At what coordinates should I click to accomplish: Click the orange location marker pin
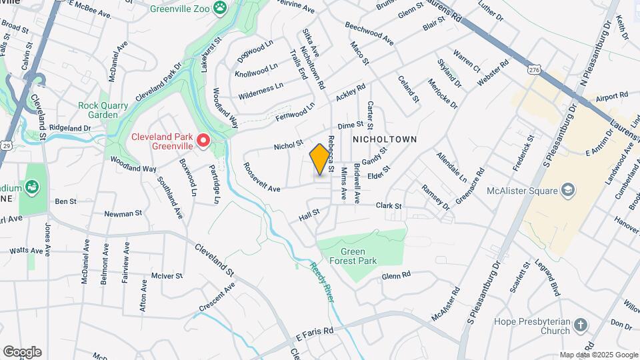click(x=320, y=160)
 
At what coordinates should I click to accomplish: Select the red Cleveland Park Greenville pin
click(x=205, y=141)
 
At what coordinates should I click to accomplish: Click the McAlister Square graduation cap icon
click(x=568, y=191)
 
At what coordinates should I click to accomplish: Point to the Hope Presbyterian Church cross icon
click(x=580, y=326)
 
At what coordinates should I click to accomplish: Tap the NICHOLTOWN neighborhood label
click(x=384, y=139)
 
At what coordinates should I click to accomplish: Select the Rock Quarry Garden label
click(x=98, y=110)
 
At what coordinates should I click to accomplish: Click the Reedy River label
click(x=321, y=281)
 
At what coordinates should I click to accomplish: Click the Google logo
click(x=22, y=351)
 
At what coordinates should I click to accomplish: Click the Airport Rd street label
click(x=613, y=97)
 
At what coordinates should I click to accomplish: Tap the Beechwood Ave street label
click(x=369, y=33)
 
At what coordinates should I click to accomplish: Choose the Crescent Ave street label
click(x=217, y=298)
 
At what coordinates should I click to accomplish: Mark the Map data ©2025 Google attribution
click(x=599, y=355)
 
